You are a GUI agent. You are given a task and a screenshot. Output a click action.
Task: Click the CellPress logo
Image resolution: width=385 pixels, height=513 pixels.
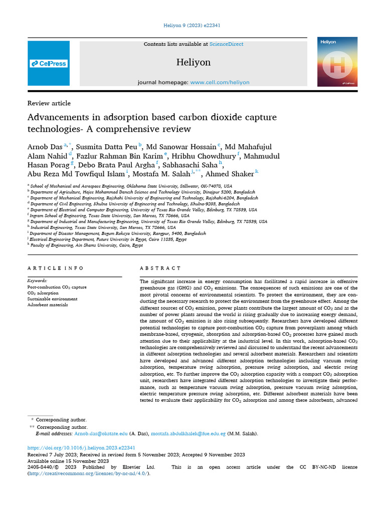pyautogui.click(x=49, y=64)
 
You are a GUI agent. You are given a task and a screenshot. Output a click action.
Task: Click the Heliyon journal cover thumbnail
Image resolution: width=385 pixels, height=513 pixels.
pyautogui.click(x=337, y=61)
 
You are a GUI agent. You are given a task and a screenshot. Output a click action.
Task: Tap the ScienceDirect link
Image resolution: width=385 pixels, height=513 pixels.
pyautogui.click(x=226, y=44)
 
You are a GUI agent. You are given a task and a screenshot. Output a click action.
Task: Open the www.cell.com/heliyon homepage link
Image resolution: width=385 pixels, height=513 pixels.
pyautogui.click(x=220, y=82)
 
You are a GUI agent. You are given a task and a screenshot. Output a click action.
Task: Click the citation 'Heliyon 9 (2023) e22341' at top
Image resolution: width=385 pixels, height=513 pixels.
pyautogui.click(x=192, y=25)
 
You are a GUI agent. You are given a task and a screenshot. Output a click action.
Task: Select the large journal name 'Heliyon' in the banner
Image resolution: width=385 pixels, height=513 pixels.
pyautogui.click(x=194, y=63)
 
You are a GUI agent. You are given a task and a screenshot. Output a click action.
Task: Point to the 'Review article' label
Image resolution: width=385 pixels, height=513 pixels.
pyautogui.click(x=49, y=103)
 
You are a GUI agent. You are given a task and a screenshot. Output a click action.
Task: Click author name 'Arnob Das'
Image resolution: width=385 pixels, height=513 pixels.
pyautogui.click(x=45, y=146)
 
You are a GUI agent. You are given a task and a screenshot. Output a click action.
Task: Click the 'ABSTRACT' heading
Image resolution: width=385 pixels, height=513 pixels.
pyautogui.click(x=160, y=269)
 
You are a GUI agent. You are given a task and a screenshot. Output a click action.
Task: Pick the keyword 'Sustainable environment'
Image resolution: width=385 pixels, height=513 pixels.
pyautogui.click(x=52, y=299)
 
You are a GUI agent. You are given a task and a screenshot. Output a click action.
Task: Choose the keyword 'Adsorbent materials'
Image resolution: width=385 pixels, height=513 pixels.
pyautogui.click(x=48, y=305)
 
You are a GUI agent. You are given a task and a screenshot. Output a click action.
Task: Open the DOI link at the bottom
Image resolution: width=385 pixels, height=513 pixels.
pyautogui.click(x=81, y=447)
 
